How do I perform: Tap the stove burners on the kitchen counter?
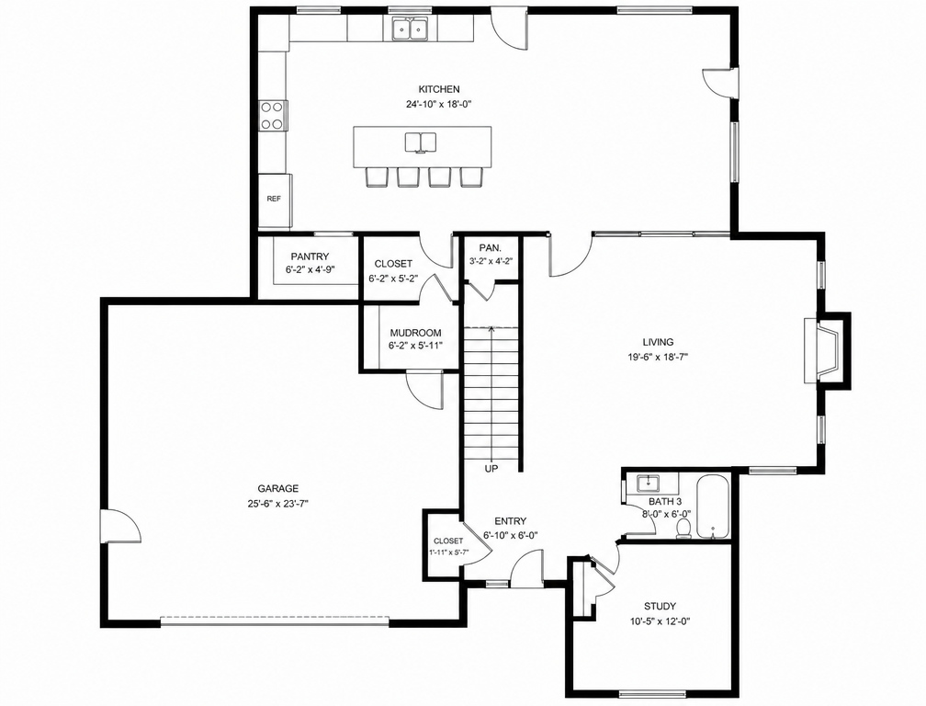272,116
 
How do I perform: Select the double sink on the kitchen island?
421,142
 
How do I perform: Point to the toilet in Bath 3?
683,528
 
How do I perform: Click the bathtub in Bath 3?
714,507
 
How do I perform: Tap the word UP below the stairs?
491,469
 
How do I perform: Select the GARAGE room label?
278,488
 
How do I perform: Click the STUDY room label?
660,606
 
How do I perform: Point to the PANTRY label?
310,256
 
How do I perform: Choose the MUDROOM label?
415,333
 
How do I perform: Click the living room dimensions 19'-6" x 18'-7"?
659,357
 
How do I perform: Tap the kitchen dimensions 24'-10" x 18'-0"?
439,104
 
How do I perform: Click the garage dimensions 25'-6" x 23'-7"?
278,504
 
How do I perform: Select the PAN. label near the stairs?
491,248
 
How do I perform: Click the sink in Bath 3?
649,484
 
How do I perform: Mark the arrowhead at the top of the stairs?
491,328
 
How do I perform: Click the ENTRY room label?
510,521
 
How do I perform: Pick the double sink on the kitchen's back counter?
410,28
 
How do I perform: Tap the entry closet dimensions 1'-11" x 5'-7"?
449,552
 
